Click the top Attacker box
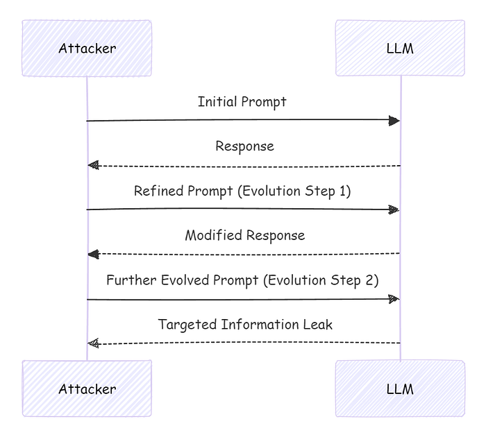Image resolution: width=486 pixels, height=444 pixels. (x=87, y=48)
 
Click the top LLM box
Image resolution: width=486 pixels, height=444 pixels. (x=400, y=48)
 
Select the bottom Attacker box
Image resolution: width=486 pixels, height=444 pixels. (x=87, y=388)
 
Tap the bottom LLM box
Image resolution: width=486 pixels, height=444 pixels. (x=400, y=388)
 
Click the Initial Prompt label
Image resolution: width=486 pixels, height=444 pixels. (x=242, y=102)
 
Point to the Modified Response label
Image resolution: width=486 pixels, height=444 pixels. (x=244, y=235)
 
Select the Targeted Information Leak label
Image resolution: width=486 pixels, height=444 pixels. (x=245, y=324)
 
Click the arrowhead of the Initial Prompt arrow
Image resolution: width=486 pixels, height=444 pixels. (x=394, y=121)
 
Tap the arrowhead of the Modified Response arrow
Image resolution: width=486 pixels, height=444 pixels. (x=93, y=254)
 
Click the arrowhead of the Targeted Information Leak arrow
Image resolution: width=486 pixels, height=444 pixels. (x=93, y=343)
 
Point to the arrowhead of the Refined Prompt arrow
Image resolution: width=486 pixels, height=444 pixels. (x=394, y=210)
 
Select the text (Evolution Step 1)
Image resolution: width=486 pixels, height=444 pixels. (x=294, y=191)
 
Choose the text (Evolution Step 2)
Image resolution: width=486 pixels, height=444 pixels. (x=322, y=280)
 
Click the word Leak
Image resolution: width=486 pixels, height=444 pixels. (x=318, y=324)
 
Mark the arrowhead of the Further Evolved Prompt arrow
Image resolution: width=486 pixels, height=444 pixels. (x=394, y=299)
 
